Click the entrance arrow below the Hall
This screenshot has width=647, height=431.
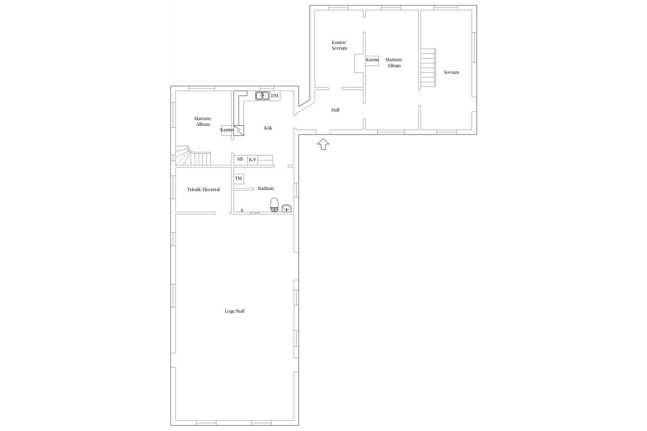(x=323, y=144)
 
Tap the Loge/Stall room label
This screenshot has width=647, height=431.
(x=235, y=311)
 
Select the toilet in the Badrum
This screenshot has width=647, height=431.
(x=275, y=205)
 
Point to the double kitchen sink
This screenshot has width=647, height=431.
(x=262, y=96)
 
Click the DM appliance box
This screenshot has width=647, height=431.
(x=275, y=96)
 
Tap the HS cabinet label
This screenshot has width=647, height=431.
(x=240, y=159)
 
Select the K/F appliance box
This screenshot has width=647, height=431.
(x=252, y=160)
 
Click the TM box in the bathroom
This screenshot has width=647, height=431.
(x=239, y=179)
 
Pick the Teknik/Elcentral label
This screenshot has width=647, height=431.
(x=203, y=190)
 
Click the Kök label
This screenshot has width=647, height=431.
(x=268, y=128)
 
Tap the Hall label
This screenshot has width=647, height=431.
(x=335, y=110)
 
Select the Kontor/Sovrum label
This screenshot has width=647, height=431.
(x=339, y=45)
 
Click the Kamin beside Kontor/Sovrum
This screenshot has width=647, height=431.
(x=372, y=61)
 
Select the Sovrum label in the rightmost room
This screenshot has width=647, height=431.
(x=451, y=72)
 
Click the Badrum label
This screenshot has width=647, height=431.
(x=266, y=188)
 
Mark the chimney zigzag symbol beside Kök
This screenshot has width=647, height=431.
(x=239, y=130)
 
